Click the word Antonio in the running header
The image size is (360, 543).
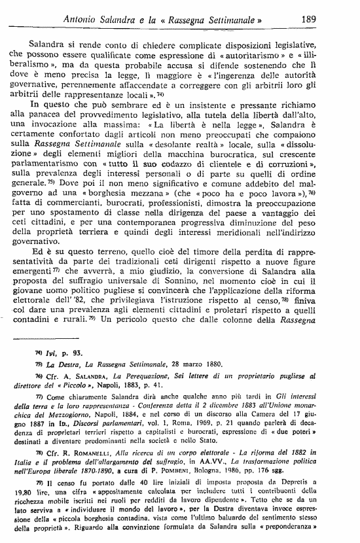click(x=85, y=20)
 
